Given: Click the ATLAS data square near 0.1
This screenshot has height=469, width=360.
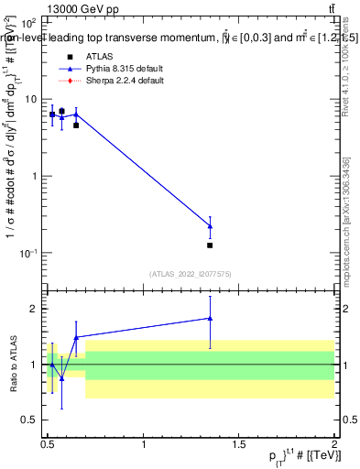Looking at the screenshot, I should (210, 245).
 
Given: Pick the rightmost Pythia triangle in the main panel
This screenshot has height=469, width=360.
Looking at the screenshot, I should (210, 226).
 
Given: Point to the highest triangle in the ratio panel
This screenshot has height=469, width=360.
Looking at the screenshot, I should (210, 319).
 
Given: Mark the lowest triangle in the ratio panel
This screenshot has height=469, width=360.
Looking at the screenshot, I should (61, 378).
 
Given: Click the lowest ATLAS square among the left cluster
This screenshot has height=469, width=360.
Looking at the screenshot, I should (76, 125).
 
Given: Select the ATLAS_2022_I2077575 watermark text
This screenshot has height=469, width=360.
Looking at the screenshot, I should (191, 274).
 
